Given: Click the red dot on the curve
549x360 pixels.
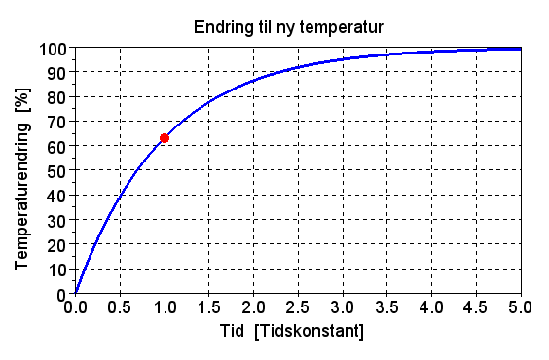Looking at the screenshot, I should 165,138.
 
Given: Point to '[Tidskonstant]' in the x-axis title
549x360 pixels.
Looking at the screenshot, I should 308,332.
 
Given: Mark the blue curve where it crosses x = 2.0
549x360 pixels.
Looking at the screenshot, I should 253,82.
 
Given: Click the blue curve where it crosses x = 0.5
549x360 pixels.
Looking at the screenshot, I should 120,198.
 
